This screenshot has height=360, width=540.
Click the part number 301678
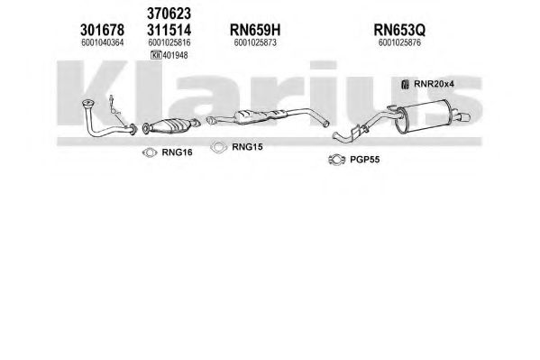(x=102, y=30)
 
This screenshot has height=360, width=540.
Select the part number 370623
(x=169, y=14)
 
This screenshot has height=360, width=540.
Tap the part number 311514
(x=169, y=30)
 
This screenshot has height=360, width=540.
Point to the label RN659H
(x=255, y=30)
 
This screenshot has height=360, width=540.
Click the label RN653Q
(x=399, y=30)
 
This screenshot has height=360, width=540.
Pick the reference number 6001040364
(x=102, y=42)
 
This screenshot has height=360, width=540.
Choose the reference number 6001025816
(x=169, y=42)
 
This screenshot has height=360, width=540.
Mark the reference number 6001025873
(x=255, y=42)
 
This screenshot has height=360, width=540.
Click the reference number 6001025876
(x=399, y=42)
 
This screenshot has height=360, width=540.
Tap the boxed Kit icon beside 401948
(x=156, y=55)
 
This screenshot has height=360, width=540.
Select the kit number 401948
(x=175, y=55)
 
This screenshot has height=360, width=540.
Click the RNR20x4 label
(x=434, y=84)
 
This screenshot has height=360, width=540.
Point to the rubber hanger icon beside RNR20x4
(x=406, y=84)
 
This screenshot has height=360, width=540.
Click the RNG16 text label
(x=177, y=152)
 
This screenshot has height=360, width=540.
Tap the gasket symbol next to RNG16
(x=150, y=152)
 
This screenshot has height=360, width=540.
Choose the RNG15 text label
(x=247, y=147)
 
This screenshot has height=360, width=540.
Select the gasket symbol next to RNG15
(x=219, y=147)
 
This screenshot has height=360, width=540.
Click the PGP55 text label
(x=365, y=160)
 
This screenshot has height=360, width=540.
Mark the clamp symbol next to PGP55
(x=337, y=160)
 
